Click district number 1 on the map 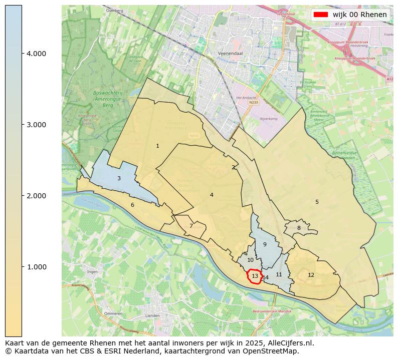click(157, 146)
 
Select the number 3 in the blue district click(119, 179)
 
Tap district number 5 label click(317, 202)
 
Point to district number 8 click(299, 228)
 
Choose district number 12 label click(311, 275)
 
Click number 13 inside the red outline click(255, 276)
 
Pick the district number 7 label click(191, 226)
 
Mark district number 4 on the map click(212, 195)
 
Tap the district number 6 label click(132, 205)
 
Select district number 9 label click(265, 245)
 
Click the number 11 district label click(279, 275)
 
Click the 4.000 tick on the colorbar click(36, 54)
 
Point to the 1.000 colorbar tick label click(36, 267)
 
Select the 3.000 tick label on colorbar click(36, 125)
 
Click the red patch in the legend click(321, 15)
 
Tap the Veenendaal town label click(231, 53)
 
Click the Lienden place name click(152, 316)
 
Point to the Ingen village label click(92, 272)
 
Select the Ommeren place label click(113, 313)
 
